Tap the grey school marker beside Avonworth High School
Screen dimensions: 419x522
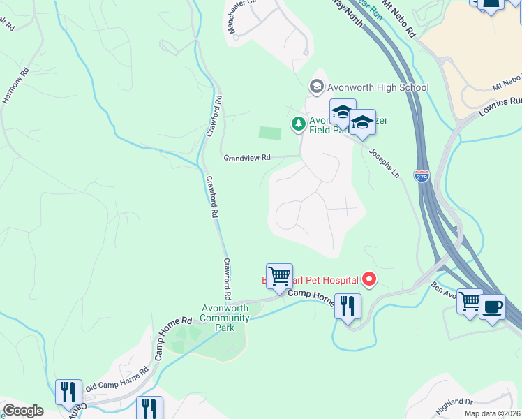click(x=316, y=87)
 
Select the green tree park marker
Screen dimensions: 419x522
click(x=298, y=124)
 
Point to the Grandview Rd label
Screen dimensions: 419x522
click(x=246, y=158)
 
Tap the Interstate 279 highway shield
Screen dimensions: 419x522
click(x=422, y=175)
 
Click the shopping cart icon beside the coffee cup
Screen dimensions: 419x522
click(x=470, y=302)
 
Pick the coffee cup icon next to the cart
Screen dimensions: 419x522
click(x=493, y=306)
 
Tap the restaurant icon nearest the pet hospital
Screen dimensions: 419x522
click(x=347, y=305)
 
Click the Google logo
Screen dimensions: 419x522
click(x=23, y=411)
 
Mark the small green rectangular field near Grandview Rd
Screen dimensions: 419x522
click(x=269, y=133)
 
